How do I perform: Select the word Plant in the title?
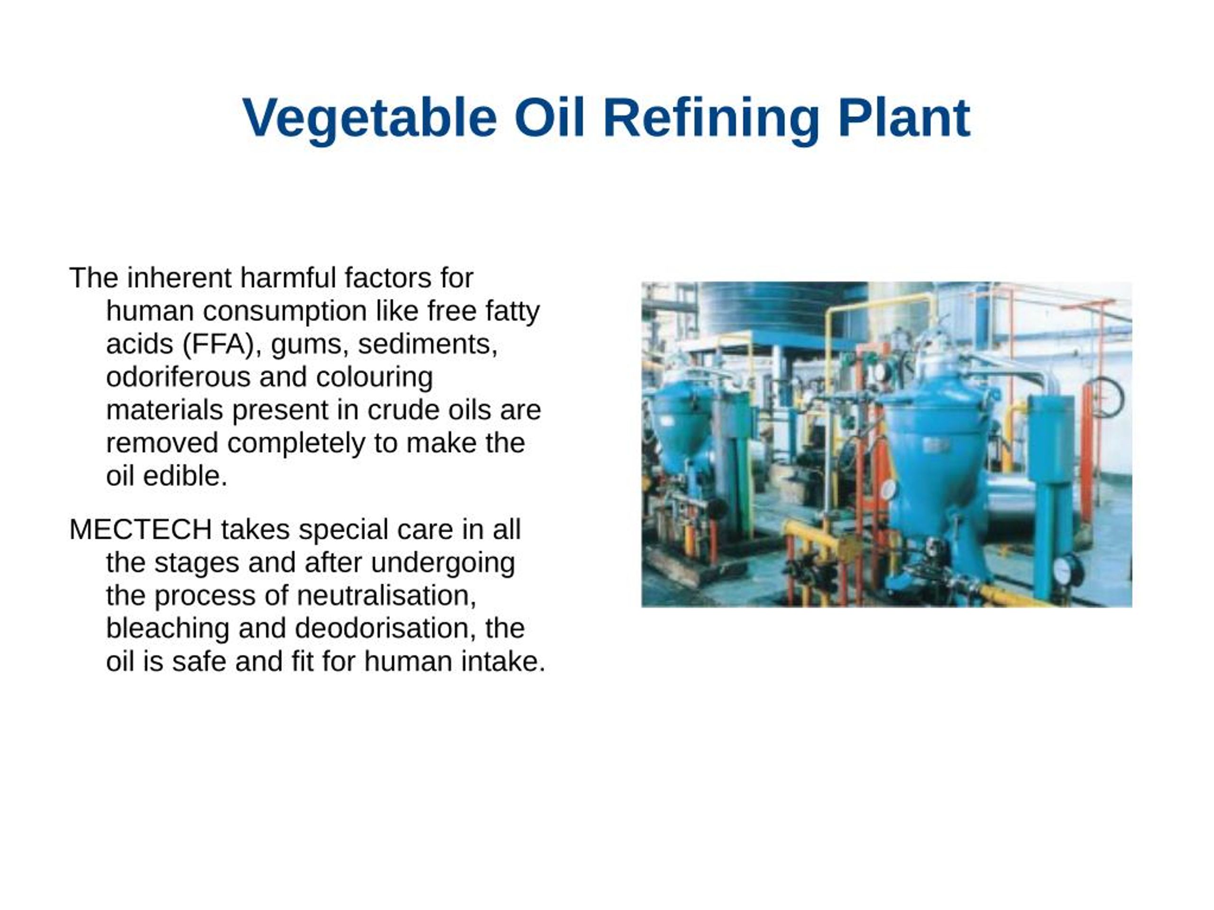(904, 119)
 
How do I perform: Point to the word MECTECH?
(140, 530)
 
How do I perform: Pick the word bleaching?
(167, 628)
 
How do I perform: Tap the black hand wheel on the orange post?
(1104, 397)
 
